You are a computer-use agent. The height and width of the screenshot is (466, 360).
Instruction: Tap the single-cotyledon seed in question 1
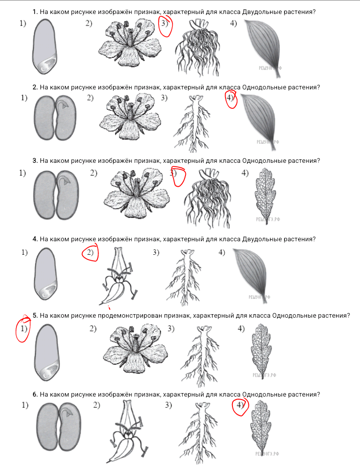coord(44,46)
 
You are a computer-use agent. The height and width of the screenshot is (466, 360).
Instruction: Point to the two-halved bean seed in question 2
coord(55,118)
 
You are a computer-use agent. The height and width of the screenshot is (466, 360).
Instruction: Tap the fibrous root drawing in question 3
coord(206,198)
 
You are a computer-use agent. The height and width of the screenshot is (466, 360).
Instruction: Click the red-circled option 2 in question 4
coord(90,253)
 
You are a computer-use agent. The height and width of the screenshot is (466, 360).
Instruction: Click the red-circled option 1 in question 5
coord(23,329)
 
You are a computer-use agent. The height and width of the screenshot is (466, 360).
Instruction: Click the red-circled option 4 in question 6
coord(240,406)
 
